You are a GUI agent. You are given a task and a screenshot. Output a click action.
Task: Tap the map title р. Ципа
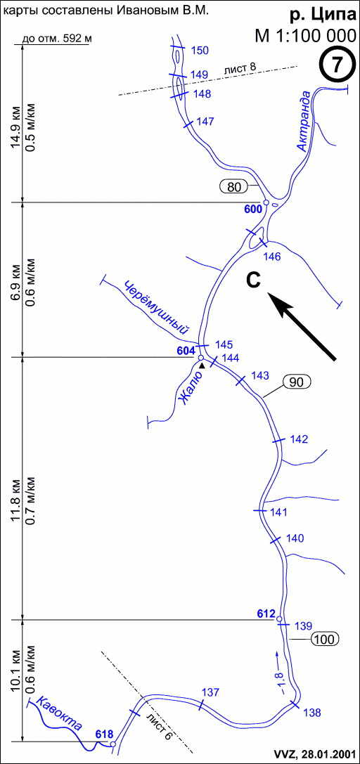click(323, 15)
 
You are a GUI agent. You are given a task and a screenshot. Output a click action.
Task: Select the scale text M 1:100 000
click(305, 36)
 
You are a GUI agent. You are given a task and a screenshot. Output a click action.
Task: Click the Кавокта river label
click(61, 714)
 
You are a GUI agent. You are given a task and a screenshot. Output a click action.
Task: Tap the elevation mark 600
click(253, 209)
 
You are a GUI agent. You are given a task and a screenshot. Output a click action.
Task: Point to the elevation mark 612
click(266, 614)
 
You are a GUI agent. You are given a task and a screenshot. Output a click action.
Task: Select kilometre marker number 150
click(200, 50)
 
